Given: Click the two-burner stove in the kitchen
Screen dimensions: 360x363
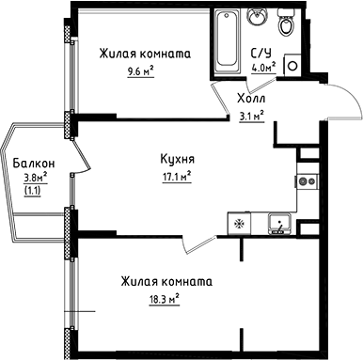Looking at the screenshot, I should [x=306, y=180].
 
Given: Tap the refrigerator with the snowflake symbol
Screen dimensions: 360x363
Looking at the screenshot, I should [x=238, y=224].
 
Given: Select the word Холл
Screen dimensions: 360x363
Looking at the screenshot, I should [x=249, y=98].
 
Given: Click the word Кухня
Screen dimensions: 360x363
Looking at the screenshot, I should [x=178, y=159].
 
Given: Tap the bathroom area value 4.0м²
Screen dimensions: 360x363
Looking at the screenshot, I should [x=262, y=68].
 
